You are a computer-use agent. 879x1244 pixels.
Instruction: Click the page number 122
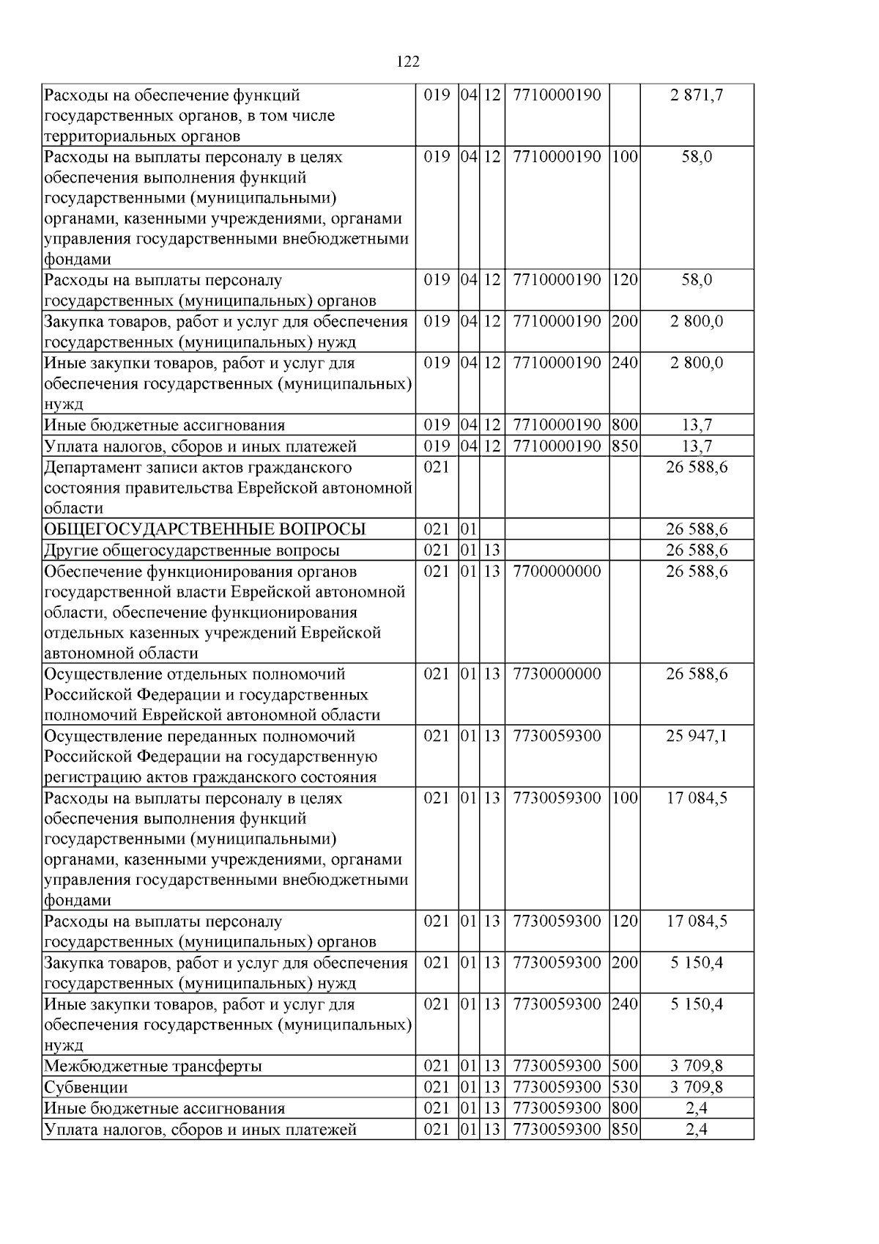tap(408, 62)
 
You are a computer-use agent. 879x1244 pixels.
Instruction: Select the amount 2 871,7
tap(697, 95)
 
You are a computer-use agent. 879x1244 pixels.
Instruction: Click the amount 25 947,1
tap(697, 736)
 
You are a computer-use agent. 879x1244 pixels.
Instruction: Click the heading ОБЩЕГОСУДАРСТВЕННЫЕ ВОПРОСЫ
tap(205, 529)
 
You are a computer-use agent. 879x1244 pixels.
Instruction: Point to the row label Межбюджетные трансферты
tap(153, 1067)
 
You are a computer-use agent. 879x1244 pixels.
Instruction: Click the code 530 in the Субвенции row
tap(624, 1087)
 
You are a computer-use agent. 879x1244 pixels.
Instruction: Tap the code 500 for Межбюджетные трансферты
tap(624, 1067)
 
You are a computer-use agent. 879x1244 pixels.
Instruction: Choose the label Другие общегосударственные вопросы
tap(192, 551)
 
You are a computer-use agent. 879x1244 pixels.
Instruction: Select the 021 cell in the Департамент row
tap(437, 468)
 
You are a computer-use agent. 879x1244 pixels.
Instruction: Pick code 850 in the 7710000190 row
tap(624, 446)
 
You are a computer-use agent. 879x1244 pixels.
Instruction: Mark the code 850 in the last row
tap(624, 1130)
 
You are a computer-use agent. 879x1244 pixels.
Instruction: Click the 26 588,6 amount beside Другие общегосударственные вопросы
tap(697, 551)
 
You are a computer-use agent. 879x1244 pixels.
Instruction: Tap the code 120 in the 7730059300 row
tap(624, 921)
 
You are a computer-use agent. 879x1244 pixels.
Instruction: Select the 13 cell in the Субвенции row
tap(491, 1087)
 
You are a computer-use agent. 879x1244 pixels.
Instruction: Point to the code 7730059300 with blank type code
tap(557, 736)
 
